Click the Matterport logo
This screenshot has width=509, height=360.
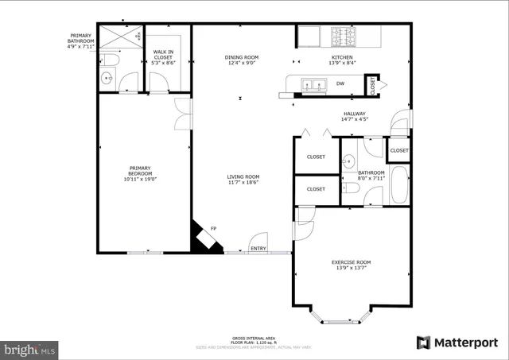[x=457, y=343]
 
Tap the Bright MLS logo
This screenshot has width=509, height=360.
[x=29, y=348]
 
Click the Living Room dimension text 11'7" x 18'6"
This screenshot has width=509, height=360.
[x=243, y=183]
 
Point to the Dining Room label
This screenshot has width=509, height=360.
[x=242, y=57]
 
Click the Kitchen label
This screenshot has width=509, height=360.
[x=343, y=57]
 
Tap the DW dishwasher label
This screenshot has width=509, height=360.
[x=340, y=83]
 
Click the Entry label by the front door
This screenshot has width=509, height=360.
[x=258, y=249]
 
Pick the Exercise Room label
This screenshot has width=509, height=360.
[x=351, y=261]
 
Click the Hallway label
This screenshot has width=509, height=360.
[x=354, y=114]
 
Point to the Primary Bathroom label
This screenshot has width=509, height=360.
[x=80, y=36]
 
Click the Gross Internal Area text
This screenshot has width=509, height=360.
[x=254, y=338]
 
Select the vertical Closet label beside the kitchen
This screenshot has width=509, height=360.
[x=372, y=84]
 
